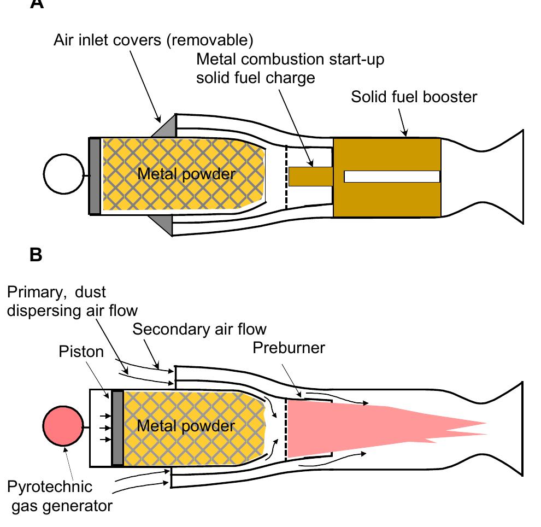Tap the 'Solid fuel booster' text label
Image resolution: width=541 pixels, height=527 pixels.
coord(414,97)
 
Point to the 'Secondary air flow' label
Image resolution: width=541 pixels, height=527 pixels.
coord(199,329)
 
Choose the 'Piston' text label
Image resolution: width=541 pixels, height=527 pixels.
coord(80,351)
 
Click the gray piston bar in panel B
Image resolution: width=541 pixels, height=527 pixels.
coord(117,427)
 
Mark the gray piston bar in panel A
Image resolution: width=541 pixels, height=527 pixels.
coord(95,176)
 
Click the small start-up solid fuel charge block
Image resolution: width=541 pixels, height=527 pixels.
coord(310,176)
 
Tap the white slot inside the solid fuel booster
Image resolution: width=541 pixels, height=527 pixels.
coord(392,177)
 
